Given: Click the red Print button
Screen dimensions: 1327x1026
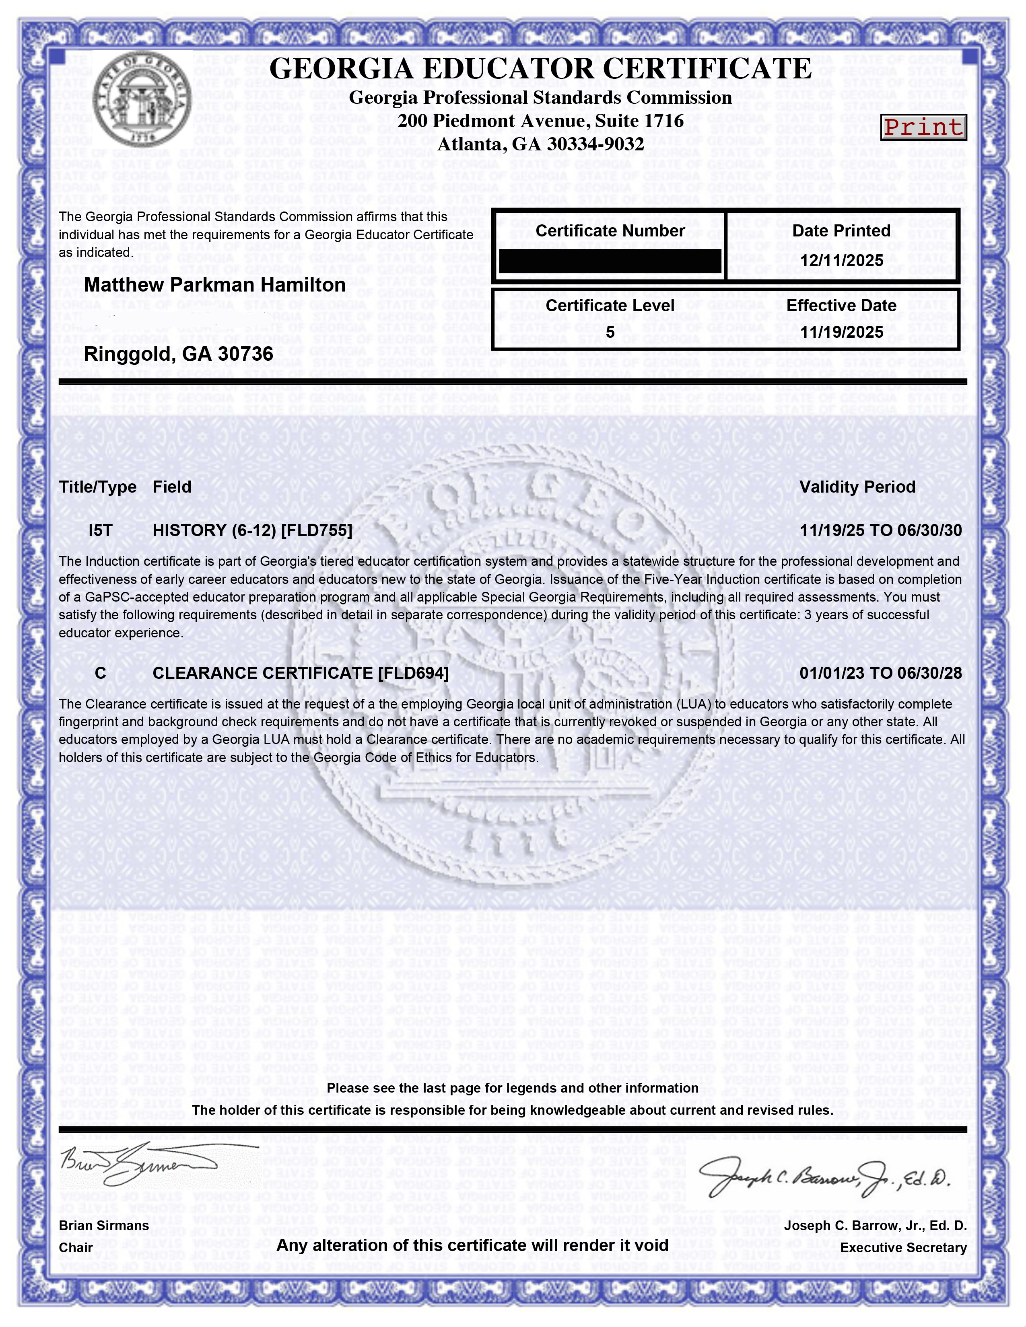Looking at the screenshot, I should (x=923, y=127).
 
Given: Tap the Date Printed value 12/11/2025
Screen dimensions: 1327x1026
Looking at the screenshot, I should (x=841, y=261).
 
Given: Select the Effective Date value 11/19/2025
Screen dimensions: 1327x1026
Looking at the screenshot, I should (x=841, y=332).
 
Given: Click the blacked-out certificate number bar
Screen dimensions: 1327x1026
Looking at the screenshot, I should (x=610, y=261).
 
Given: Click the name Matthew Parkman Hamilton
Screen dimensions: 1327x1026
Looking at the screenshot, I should (x=214, y=285).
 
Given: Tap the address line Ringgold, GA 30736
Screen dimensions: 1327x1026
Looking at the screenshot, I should (x=178, y=353).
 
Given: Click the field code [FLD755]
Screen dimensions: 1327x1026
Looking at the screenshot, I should (x=317, y=530).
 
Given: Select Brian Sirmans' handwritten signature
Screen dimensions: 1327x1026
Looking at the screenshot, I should (x=140, y=1164).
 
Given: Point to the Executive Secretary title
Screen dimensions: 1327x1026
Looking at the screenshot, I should (x=903, y=1248).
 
